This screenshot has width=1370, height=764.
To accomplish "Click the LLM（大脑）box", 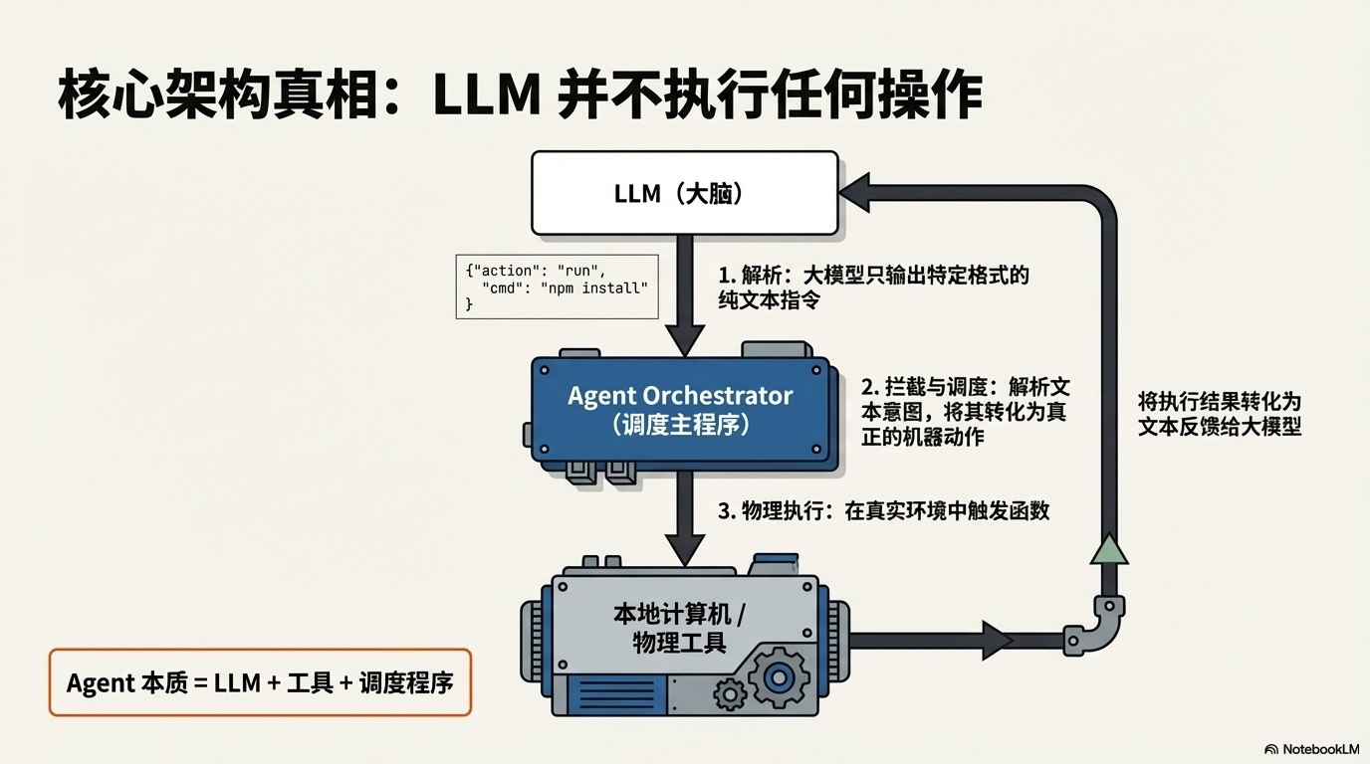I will coord(684,193).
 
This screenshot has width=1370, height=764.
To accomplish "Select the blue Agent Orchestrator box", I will coord(680,409).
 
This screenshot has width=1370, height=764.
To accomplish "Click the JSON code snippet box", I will coord(557,286).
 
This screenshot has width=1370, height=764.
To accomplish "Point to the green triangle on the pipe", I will coord(1108,549).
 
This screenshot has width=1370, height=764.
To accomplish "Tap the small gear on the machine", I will coord(731,692).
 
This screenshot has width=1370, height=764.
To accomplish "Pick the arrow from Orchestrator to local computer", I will coord(684,517).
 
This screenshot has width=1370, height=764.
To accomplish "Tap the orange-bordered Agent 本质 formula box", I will coord(260,683).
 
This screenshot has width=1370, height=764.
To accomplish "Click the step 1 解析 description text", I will coord(873,286).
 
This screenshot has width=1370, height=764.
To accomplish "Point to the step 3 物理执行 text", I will coord(883,511).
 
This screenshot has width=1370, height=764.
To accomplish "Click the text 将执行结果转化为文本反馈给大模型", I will coord(1220,414).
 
